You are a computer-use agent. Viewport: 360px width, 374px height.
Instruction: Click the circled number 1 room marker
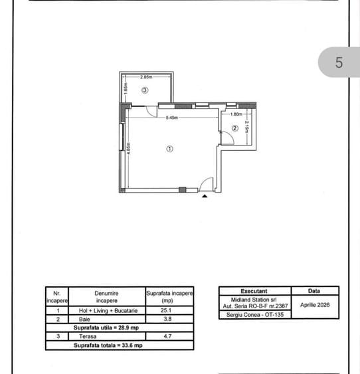[x=169, y=149]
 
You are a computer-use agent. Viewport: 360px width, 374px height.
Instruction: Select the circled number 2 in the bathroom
[x=235, y=128]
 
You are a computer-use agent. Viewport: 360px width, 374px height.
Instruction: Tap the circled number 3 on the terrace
[x=145, y=90]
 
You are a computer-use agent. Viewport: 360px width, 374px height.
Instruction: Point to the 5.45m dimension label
[x=172, y=118]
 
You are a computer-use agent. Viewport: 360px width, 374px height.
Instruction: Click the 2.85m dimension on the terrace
[x=146, y=77]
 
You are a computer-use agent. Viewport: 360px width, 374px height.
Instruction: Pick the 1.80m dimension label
[x=236, y=114]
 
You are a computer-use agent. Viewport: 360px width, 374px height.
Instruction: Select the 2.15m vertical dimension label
[x=247, y=127]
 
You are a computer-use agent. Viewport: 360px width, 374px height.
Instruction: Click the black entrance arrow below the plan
[x=205, y=196]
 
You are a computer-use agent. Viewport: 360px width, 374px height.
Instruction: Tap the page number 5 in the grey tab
[x=339, y=62]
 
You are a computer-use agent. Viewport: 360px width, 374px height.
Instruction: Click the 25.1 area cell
[x=166, y=310]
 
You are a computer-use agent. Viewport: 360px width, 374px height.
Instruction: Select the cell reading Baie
[x=84, y=319]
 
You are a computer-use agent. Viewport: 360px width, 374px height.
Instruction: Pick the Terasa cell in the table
[x=88, y=336]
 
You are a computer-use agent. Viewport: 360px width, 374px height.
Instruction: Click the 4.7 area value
[x=167, y=336]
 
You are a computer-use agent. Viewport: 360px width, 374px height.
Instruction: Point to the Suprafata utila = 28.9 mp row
[x=106, y=327]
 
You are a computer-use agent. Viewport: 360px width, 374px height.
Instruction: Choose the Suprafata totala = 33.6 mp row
[x=108, y=345]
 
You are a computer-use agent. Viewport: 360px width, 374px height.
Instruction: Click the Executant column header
[x=254, y=291]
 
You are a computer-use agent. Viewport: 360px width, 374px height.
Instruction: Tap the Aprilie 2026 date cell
[x=315, y=305]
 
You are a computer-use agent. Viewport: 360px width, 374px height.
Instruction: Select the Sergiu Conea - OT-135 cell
[x=255, y=315]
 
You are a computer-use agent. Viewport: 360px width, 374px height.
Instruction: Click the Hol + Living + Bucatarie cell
[x=108, y=310]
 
